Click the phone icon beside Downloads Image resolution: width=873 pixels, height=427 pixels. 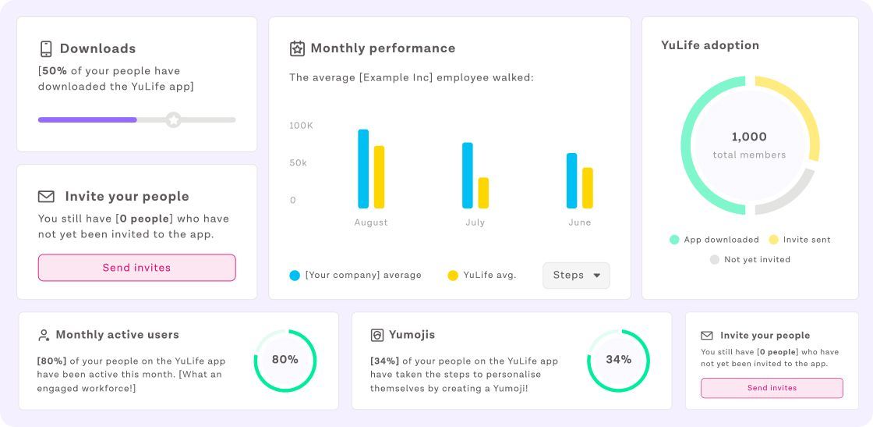[46, 48]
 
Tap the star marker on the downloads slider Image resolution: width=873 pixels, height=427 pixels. [173, 119]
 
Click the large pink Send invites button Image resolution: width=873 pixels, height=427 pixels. [136, 268]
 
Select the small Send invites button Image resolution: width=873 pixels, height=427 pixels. [772, 388]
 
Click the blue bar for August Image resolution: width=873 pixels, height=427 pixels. [363, 169]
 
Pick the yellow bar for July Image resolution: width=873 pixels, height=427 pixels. [483, 193]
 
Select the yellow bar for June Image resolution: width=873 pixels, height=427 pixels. [588, 188]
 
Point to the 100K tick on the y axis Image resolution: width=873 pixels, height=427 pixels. [301, 126]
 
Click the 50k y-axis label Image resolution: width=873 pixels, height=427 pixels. [299, 163]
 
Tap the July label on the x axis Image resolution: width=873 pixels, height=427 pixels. [475, 222]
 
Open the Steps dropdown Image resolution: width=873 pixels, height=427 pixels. [576, 276]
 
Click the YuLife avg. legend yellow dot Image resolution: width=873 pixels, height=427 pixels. [453, 276]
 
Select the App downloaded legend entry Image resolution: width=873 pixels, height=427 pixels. [714, 240]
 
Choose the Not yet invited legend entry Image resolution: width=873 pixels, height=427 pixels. [749, 259]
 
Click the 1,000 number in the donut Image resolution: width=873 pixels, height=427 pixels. [749, 137]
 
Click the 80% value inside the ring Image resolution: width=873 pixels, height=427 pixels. [285, 360]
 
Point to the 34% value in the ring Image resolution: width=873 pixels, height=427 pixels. [618, 360]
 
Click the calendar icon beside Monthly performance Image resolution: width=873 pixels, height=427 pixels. [297, 48]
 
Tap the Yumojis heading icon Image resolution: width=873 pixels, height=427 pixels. [376, 335]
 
